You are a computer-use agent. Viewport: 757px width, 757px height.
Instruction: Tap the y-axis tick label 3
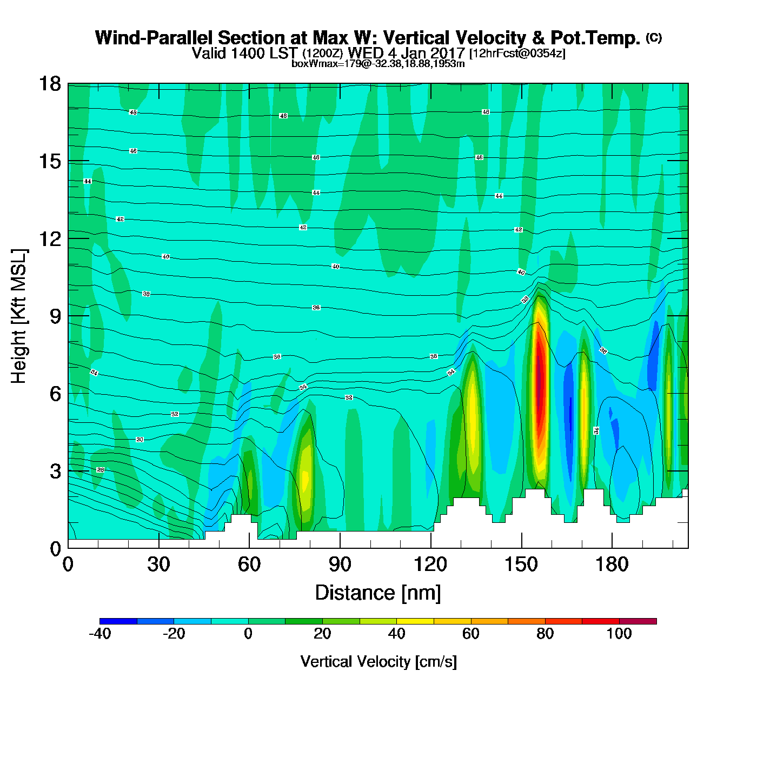pos(55,471)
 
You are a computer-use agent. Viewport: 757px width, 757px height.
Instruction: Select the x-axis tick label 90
pos(340,565)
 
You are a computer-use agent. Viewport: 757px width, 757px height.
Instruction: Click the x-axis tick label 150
pos(521,565)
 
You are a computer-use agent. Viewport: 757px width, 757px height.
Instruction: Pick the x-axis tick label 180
pos(612,565)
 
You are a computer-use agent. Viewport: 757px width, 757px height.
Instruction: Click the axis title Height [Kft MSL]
pos(19,316)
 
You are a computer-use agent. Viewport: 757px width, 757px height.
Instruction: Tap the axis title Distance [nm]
pos(378,593)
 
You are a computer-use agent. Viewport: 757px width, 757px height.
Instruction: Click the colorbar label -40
pos(99,634)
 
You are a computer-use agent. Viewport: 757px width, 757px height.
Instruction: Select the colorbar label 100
pos(619,634)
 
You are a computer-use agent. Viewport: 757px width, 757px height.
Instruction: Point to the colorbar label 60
pos(471,634)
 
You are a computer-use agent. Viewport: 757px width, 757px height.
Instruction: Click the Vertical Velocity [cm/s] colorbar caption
pos(378,662)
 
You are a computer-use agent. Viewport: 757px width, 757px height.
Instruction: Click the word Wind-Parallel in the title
pos(155,38)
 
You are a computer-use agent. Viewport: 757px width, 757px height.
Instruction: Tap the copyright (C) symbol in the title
pos(654,37)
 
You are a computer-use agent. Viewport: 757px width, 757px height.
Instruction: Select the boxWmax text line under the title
pos(378,64)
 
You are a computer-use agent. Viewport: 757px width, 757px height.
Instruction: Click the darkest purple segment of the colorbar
pos(638,621)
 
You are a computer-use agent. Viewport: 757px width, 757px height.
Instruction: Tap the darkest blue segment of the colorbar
pos(118,621)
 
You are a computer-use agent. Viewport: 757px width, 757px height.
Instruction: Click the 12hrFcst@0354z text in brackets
pos(517,54)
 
